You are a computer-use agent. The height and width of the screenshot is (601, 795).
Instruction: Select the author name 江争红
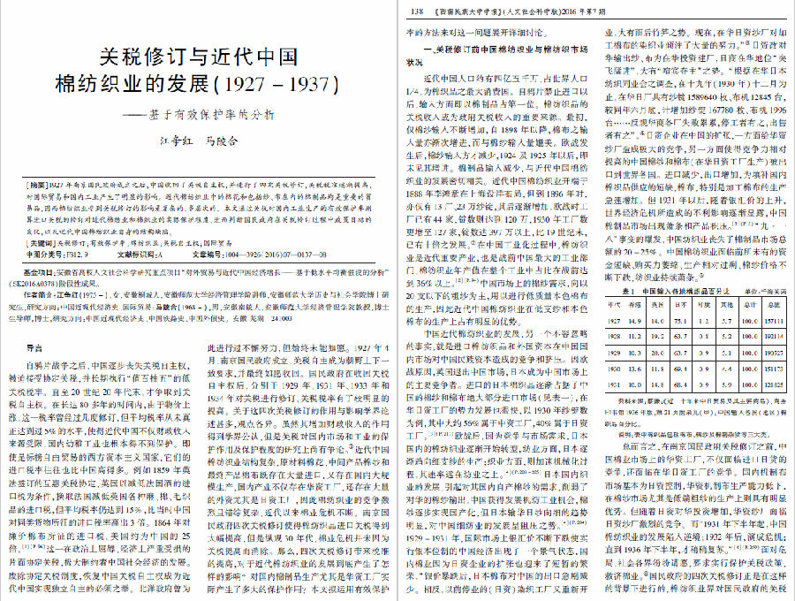pos(176,141)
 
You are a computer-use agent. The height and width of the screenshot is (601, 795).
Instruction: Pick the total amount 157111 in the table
pos(774,321)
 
